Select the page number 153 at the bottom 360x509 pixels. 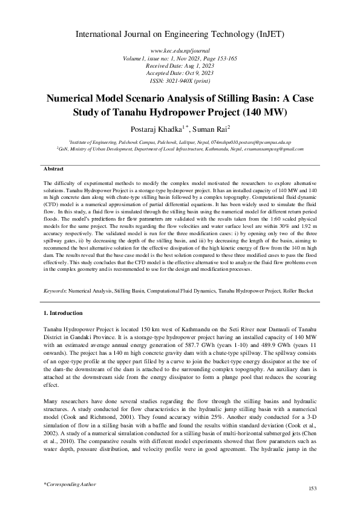click(x=313, y=488)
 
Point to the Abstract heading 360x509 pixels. click(x=55, y=167)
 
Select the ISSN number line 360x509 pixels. click(x=180, y=80)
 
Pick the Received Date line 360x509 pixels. click(x=180, y=67)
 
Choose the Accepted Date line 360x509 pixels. click(x=180, y=74)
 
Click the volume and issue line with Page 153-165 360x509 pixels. click(x=180, y=60)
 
